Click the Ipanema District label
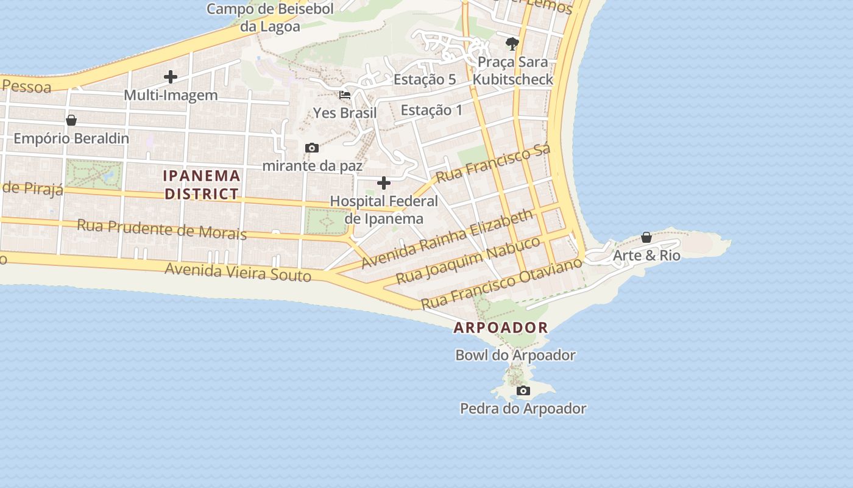[x=202, y=185]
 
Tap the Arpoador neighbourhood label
[x=501, y=328]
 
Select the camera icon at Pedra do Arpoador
[x=523, y=390]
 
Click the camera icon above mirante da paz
[x=312, y=148]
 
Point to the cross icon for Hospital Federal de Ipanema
[x=384, y=182]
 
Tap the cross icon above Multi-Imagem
[x=171, y=76]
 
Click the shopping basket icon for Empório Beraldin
[x=71, y=120]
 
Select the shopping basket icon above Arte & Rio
[x=646, y=237]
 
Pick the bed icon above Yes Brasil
[x=345, y=95]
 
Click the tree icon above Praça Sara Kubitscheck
[x=512, y=43]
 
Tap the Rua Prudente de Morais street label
[x=161, y=229]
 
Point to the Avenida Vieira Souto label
[x=238, y=272]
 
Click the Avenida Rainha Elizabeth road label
[x=447, y=239]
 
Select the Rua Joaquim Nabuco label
[x=468, y=260]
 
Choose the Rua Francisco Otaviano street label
[x=501, y=284]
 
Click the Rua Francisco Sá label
[x=494, y=163]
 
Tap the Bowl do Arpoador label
[x=515, y=355]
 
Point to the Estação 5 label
[x=425, y=79]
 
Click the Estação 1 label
[x=431, y=110]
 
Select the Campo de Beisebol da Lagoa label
[x=271, y=18]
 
